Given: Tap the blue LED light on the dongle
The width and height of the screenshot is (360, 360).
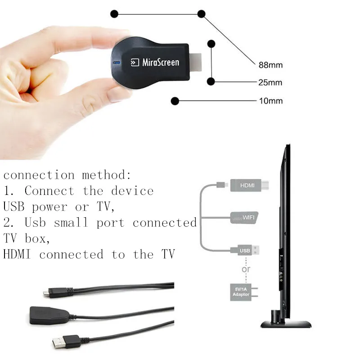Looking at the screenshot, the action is coord(116,63).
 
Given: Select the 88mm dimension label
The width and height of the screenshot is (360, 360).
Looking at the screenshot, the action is coord(270,65).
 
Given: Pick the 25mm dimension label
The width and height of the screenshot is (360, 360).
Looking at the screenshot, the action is coord(270,82).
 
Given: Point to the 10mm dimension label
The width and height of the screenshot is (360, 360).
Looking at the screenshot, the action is coord(271,101).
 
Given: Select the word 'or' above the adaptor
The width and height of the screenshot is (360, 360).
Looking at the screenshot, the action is coord(246,269).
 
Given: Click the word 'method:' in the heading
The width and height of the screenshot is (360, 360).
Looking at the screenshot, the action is coord(107,175).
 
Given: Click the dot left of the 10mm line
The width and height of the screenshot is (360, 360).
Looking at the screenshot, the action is coord(175,101).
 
